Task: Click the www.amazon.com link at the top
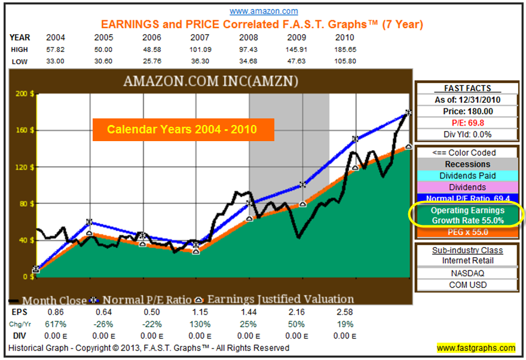tap(264, 11)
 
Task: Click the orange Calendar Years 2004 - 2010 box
tap(183, 129)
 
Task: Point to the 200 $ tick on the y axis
tap(25, 94)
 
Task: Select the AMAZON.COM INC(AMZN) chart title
tap(210, 81)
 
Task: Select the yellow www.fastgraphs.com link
tap(476, 348)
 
